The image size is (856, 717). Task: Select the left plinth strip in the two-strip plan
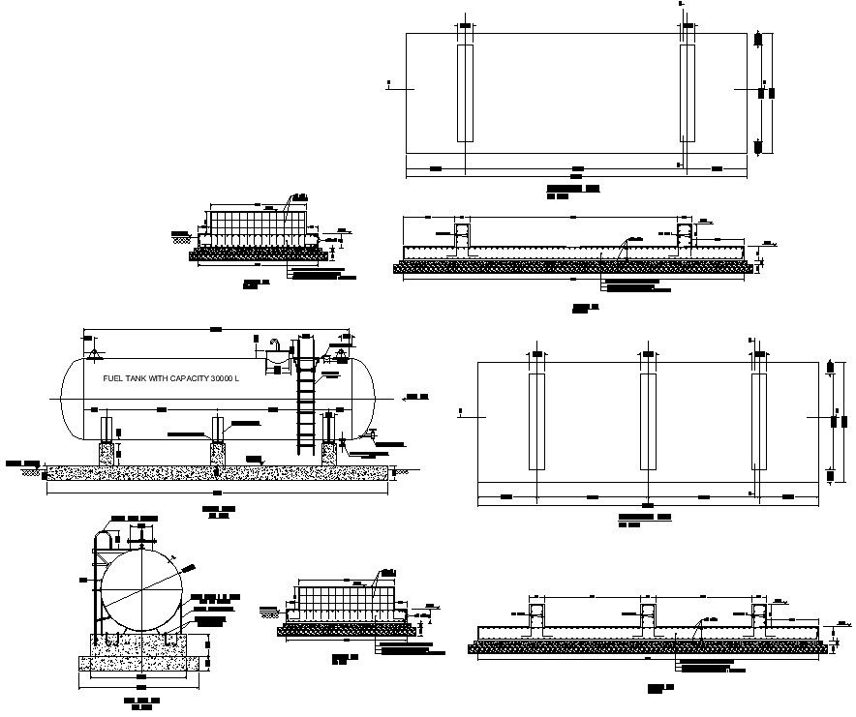[465, 93]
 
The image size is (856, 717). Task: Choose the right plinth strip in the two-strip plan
[688, 93]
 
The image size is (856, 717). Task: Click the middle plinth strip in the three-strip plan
[648, 422]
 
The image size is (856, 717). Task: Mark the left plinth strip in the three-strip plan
[536, 422]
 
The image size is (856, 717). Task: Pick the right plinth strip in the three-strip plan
[760, 422]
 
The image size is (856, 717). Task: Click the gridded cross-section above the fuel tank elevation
[257, 228]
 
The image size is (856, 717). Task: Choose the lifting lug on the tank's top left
[93, 341]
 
